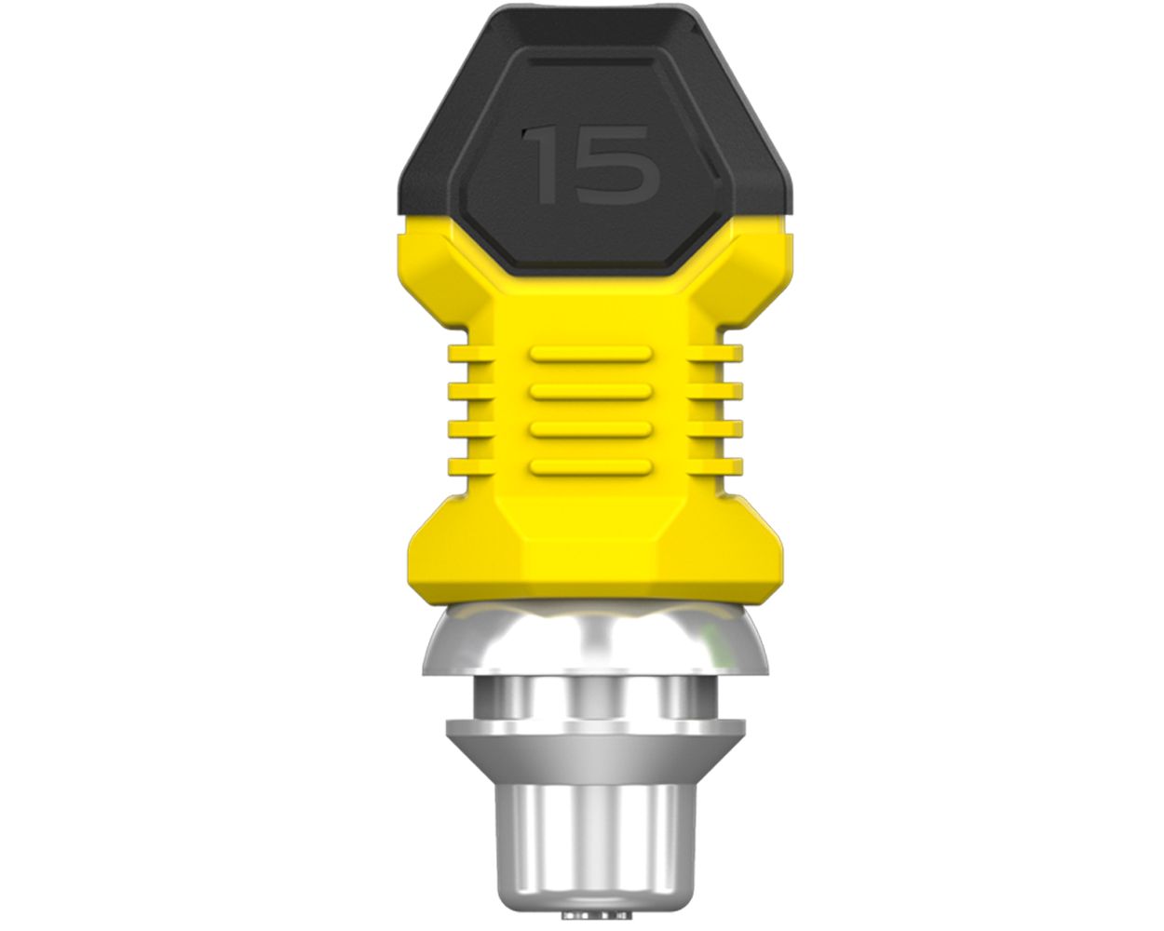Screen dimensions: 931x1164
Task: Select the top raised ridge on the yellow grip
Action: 590,353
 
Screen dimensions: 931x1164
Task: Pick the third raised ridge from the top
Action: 590,428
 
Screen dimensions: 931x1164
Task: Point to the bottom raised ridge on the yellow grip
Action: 590,465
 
